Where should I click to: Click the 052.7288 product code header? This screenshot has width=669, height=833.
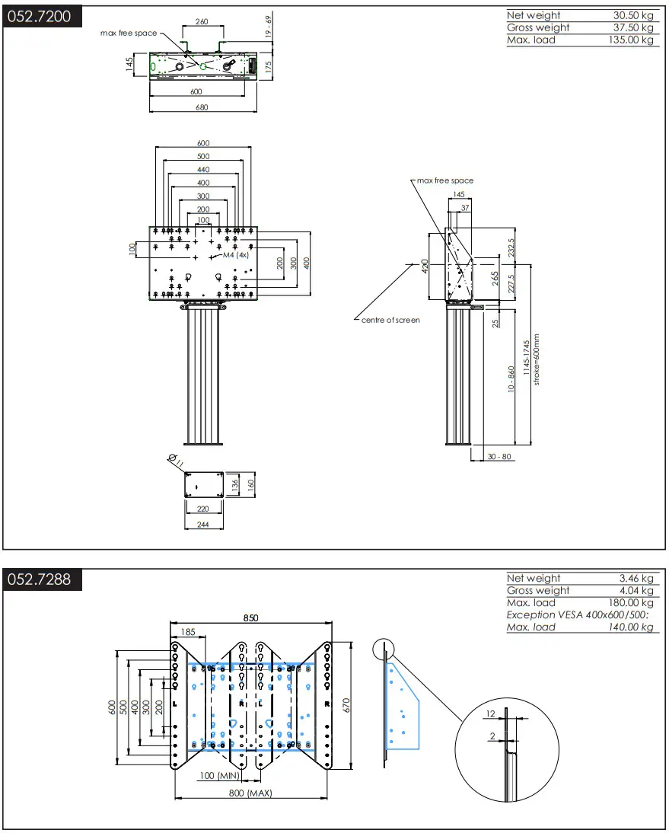39,579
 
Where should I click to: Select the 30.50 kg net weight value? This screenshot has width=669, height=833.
633,15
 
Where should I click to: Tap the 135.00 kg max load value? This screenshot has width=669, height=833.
630,40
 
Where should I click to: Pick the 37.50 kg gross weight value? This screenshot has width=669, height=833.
633,27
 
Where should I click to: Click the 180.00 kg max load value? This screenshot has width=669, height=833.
630,602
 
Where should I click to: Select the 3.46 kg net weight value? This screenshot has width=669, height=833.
636,578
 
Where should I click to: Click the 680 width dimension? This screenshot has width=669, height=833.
201,107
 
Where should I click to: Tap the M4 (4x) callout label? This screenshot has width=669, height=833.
236,255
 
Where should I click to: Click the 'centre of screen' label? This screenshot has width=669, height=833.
390,320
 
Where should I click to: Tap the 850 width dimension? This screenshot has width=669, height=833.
250,618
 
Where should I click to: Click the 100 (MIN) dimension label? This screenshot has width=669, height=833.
218,776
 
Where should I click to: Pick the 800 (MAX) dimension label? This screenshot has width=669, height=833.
250,793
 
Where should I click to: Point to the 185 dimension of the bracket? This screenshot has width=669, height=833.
187,631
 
